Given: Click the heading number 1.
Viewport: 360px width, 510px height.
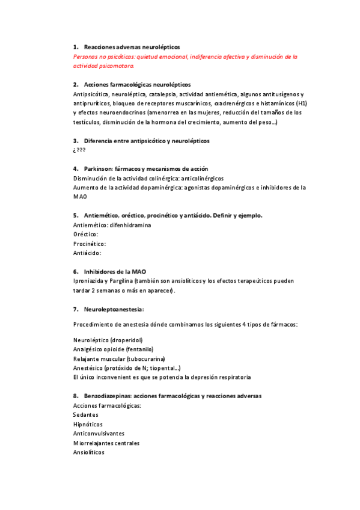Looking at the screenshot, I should (x=75, y=47).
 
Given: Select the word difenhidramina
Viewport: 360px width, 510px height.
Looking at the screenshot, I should (x=130, y=225).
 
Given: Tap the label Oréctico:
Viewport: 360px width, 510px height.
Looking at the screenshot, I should (x=85, y=234).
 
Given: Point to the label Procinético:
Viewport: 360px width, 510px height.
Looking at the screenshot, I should (x=90, y=244).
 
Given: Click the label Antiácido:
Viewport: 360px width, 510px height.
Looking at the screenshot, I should (x=87, y=253).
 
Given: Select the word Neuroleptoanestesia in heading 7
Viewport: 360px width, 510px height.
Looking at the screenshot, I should (x=114, y=309).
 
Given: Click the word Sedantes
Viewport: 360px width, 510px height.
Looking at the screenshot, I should (x=86, y=414).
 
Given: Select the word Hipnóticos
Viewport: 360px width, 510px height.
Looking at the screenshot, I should (x=88, y=424).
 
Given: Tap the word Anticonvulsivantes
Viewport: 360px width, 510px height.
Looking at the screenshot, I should (x=99, y=433).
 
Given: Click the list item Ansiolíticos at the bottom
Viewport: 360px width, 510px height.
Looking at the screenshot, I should (x=88, y=452).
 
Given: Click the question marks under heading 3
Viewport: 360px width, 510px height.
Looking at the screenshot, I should (x=79, y=150).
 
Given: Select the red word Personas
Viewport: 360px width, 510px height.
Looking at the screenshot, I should (x=85, y=57).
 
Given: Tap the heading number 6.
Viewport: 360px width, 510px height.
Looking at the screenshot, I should (x=75, y=272).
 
